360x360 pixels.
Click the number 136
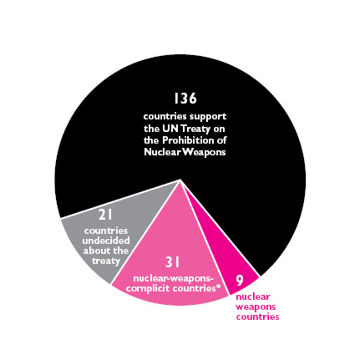coord(185,99)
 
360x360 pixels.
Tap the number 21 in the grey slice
coord(105,215)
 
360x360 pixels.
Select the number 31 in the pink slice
coord(172,262)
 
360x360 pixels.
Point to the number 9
coord(239,281)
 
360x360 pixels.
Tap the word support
coord(208,117)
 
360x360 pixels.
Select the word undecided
coord(106,241)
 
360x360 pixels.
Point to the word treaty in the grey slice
coord(106,261)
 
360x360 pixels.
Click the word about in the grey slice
coord(95,251)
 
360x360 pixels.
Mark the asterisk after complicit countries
coord(218,286)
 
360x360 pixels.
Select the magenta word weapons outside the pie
coord(256,307)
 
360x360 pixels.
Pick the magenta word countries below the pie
coord(257,317)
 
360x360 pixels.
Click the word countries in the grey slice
coord(106,231)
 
